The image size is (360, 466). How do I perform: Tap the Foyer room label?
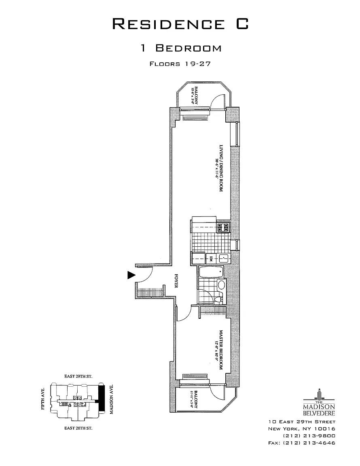(x=176, y=281)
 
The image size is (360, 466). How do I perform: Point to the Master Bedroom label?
(x=219, y=349)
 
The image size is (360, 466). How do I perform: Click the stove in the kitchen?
(x=223, y=228)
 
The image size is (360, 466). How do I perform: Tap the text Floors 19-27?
(x=180, y=64)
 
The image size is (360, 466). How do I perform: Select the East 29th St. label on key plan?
(x=78, y=377)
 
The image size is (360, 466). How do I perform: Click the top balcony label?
(x=195, y=95)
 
